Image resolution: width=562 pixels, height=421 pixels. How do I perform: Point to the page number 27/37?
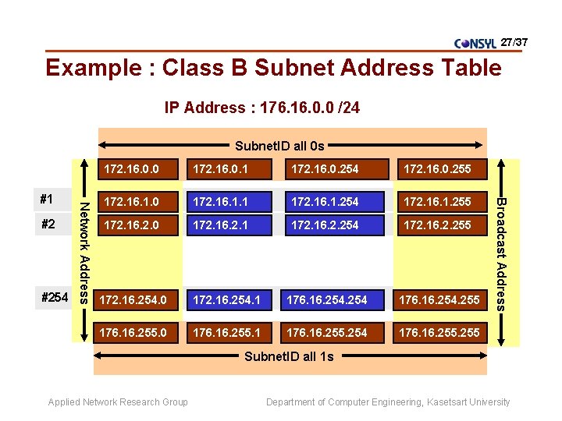pyautogui.click(x=514, y=40)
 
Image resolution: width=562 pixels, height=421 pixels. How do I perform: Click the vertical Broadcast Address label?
pyautogui.click(x=503, y=253)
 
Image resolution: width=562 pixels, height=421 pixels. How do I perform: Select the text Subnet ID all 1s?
pyautogui.click(x=289, y=356)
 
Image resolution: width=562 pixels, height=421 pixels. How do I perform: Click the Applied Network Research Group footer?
pyautogui.click(x=118, y=402)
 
